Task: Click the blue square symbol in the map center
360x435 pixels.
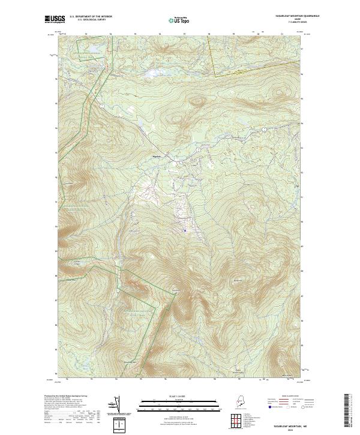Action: (x=185, y=230)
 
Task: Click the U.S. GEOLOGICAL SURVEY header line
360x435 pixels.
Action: (x=91, y=20)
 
